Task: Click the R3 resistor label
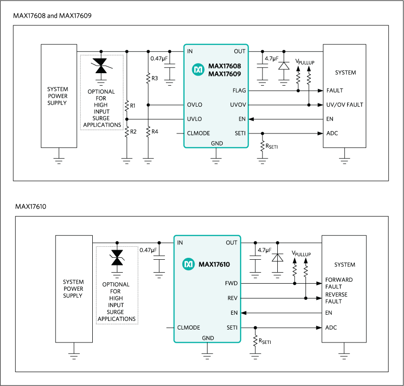pyautogui.click(x=154, y=77)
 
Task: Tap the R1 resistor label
pyautogui.click(x=133, y=105)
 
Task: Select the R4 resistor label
pyautogui.click(x=154, y=131)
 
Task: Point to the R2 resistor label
pyautogui.click(x=133, y=131)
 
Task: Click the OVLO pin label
pyautogui.click(x=195, y=105)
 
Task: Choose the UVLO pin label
pyautogui.click(x=194, y=119)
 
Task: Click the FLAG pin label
pyautogui.click(x=239, y=90)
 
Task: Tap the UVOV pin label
pyautogui.click(x=238, y=105)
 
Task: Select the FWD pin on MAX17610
pyautogui.click(x=231, y=283)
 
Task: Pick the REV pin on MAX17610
pyautogui.click(x=232, y=298)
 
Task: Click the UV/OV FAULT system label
pyautogui.click(x=345, y=105)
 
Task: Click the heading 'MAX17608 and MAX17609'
pyautogui.click(x=53, y=16)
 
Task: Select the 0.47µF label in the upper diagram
pyautogui.click(x=158, y=58)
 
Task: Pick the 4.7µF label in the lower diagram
pyautogui.click(x=264, y=250)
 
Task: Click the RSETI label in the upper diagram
pyautogui.click(x=271, y=146)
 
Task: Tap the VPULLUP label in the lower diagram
pyautogui.click(x=301, y=254)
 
